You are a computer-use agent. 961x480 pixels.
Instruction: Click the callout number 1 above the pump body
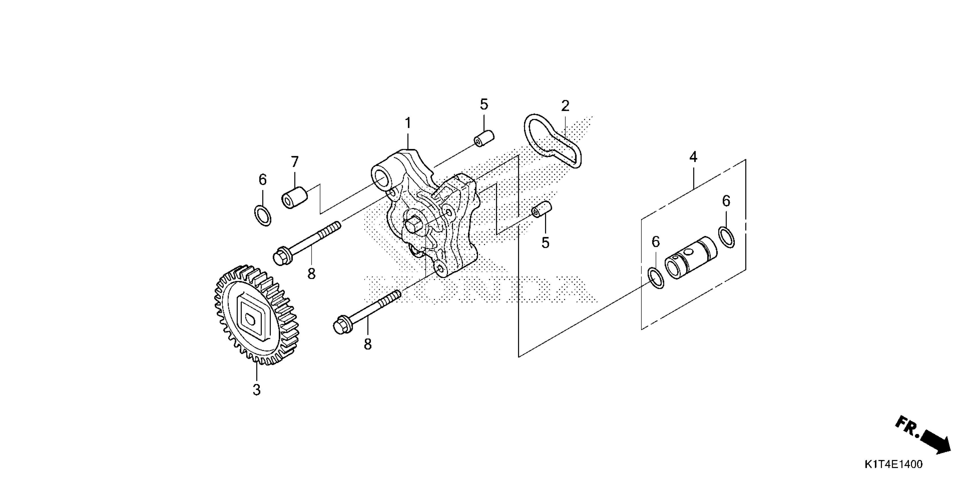click(408, 123)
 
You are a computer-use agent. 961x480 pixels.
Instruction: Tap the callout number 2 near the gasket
click(565, 106)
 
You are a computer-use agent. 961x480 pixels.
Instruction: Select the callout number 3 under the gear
click(256, 390)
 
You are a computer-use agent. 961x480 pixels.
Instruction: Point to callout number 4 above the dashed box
click(693, 157)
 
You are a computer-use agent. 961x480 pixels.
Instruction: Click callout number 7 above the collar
click(295, 162)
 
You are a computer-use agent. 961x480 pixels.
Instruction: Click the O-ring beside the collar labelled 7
click(263, 215)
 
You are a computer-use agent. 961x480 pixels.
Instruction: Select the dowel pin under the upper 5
click(484, 138)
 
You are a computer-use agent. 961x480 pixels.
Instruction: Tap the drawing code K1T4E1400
click(893, 464)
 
